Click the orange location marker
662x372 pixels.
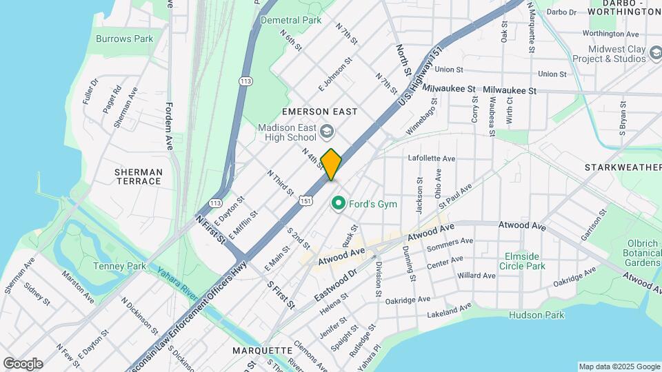coord(331,164)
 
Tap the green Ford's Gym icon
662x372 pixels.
coord(338,203)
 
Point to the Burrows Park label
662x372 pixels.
coord(125,39)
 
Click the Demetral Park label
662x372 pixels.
coord(291,20)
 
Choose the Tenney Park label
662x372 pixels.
coord(119,266)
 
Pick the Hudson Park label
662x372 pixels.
coord(536,315)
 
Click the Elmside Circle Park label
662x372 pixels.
coord(521,261)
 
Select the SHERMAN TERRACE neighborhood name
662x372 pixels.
coord(138,176)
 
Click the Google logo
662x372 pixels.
coord(23,363)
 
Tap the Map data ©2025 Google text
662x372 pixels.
coord(619,366)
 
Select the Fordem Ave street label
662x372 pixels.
coord(169,127)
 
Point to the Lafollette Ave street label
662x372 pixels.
coord(432,158)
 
